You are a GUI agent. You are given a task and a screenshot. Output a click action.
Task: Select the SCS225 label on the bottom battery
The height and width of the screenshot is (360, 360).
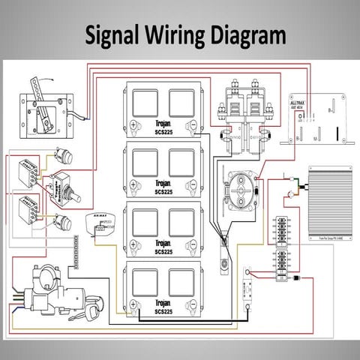pyautogui.click(x=163, y=311)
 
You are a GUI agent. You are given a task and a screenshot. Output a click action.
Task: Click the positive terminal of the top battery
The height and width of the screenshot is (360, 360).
pyautogui.click(x=133, y=124)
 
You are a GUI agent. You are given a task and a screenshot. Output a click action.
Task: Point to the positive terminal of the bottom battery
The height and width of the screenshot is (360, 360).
pyautogui.click(x=133, y=302)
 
